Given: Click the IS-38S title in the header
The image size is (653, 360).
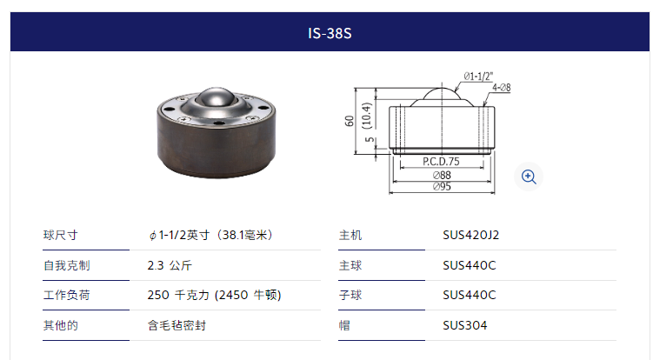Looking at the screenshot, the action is pos(330,33).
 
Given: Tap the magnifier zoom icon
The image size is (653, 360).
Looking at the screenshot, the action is pos(529,177).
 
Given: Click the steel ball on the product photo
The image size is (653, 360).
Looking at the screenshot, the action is pos(216,97).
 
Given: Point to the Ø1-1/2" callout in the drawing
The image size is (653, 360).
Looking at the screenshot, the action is pos(478,77).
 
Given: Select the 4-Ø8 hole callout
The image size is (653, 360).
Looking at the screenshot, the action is pos(502,88).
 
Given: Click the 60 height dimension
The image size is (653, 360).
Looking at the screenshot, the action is pos(349,121).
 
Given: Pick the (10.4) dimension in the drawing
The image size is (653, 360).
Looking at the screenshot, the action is pos(366,116).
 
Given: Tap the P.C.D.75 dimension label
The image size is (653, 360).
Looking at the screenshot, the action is pos(441,161).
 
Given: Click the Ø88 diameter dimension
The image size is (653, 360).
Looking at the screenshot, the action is pos(442,175).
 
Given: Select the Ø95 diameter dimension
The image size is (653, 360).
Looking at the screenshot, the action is pos(442,186).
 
